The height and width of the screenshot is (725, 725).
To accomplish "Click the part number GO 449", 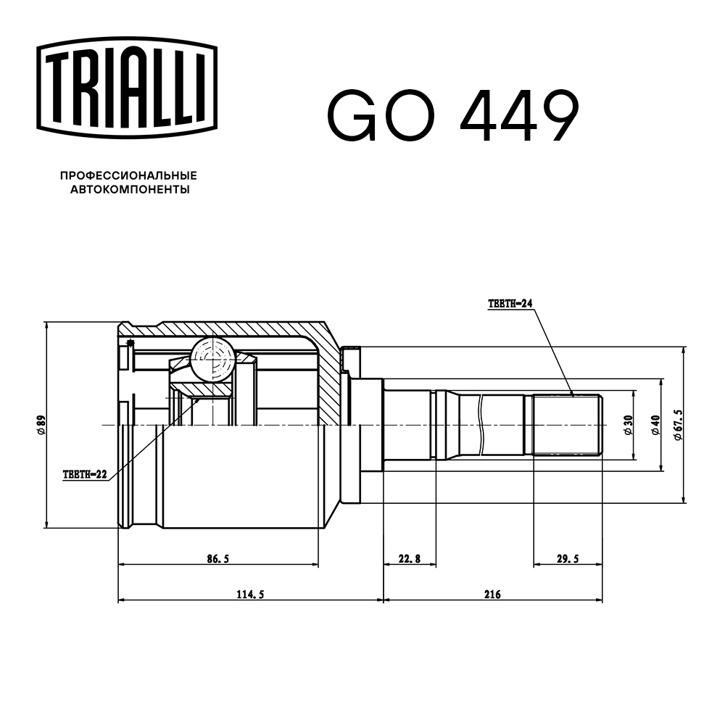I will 453,116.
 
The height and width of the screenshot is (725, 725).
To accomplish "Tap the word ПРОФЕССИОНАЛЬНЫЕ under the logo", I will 128,175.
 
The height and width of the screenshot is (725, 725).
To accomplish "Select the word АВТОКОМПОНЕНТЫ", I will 129,190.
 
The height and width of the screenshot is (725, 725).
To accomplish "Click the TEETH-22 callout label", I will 85,475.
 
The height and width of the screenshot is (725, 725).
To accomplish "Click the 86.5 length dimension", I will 217,558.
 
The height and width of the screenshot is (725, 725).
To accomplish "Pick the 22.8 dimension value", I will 409,558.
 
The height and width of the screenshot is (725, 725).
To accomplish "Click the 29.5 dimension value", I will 567,558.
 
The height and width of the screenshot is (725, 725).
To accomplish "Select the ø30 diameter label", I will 629,425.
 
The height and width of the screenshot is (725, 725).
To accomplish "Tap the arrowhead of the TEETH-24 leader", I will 572,394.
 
